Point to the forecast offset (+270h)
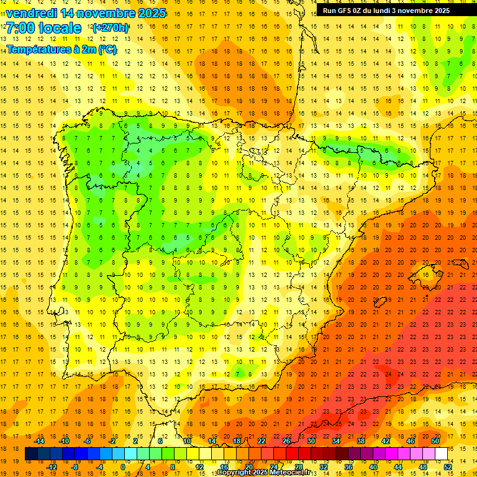coord(111,28)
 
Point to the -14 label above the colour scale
coord(40,441)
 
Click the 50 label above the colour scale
coord(435,441)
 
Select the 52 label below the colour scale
coord(447,466)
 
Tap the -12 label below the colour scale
coord(52,466)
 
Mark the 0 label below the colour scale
coord(123,466)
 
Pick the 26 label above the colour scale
coord(286,441)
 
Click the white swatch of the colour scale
coord(441,454)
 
